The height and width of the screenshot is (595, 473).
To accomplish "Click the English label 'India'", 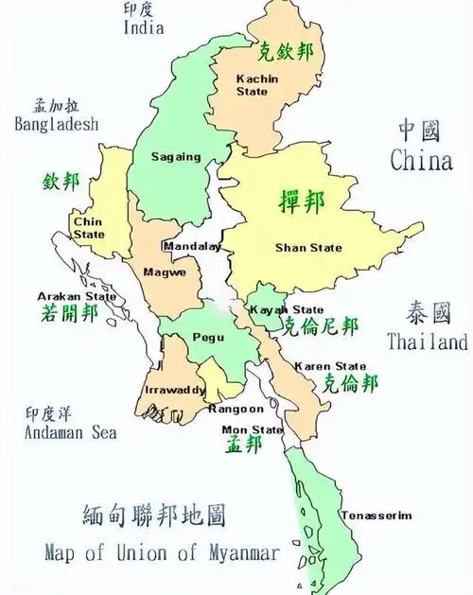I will coord(144,27).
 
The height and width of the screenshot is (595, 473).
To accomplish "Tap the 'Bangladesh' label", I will coord(56,123).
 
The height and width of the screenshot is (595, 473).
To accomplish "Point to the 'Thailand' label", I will coord(427,341).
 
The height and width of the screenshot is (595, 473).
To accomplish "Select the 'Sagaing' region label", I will coord(175,158).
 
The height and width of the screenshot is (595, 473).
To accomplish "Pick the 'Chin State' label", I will coord(89,228).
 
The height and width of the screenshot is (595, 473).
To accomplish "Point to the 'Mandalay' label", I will coord(191,246).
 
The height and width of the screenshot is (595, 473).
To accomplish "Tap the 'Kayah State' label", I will coord(286,309).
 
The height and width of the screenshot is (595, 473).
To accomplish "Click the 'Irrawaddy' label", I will coord(175,390).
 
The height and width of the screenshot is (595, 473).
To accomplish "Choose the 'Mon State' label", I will coord(253,429).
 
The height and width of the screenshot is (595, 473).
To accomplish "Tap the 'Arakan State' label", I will coord(77,295).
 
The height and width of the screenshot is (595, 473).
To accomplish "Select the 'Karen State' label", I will coord(330,365).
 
